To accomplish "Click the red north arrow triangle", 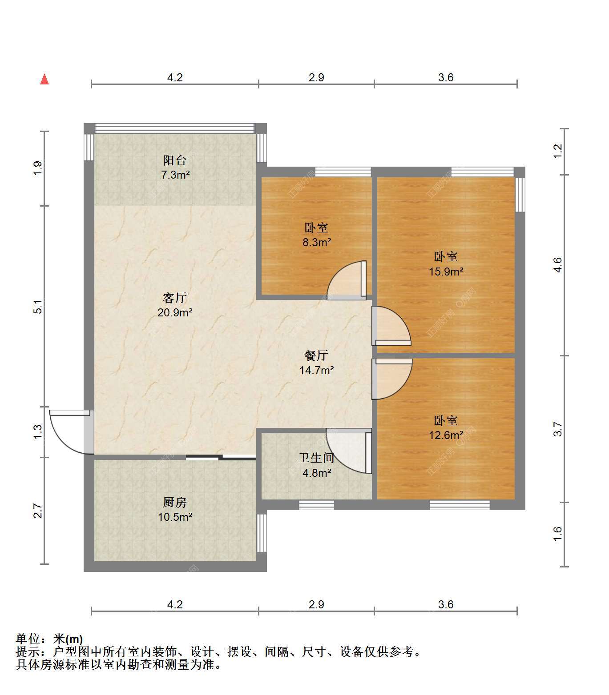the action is (x=44, y=79).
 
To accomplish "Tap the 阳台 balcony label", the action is (x=175, y=160).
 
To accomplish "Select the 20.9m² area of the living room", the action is (x=175, y=312).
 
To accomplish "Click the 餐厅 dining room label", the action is (x=316, y=355).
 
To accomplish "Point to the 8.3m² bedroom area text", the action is (x=317, y=242).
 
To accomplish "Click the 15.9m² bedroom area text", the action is (x=446, y=272).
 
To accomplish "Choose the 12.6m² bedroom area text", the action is (x=446, y=435).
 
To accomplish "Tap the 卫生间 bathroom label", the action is (x=316, y=458).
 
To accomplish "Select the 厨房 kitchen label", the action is (x=175, y=502).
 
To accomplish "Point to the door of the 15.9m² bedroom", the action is (x=391, y=326).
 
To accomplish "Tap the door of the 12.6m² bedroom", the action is (x=392, y=379).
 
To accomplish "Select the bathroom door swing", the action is (x=349, y=451).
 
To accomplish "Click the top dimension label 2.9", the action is (x=316, y=77).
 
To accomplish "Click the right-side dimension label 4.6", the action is (x=558, y=265).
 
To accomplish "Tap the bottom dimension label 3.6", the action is (x=445, y=604).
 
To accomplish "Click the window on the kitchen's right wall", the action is (x=262, y=533).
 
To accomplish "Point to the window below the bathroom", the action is (x=317, y=505).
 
